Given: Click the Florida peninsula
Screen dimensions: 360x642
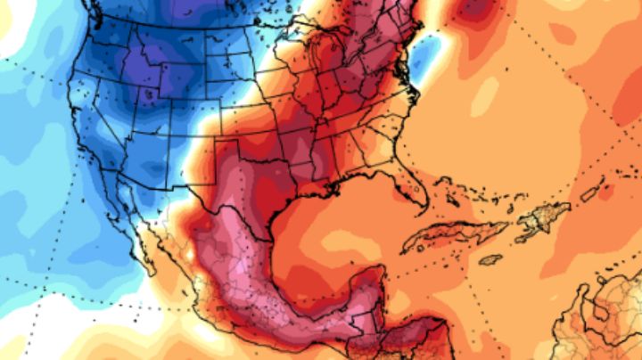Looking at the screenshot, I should [x=409, y=191].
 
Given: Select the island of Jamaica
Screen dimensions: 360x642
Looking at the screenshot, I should [x=490, y=259].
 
